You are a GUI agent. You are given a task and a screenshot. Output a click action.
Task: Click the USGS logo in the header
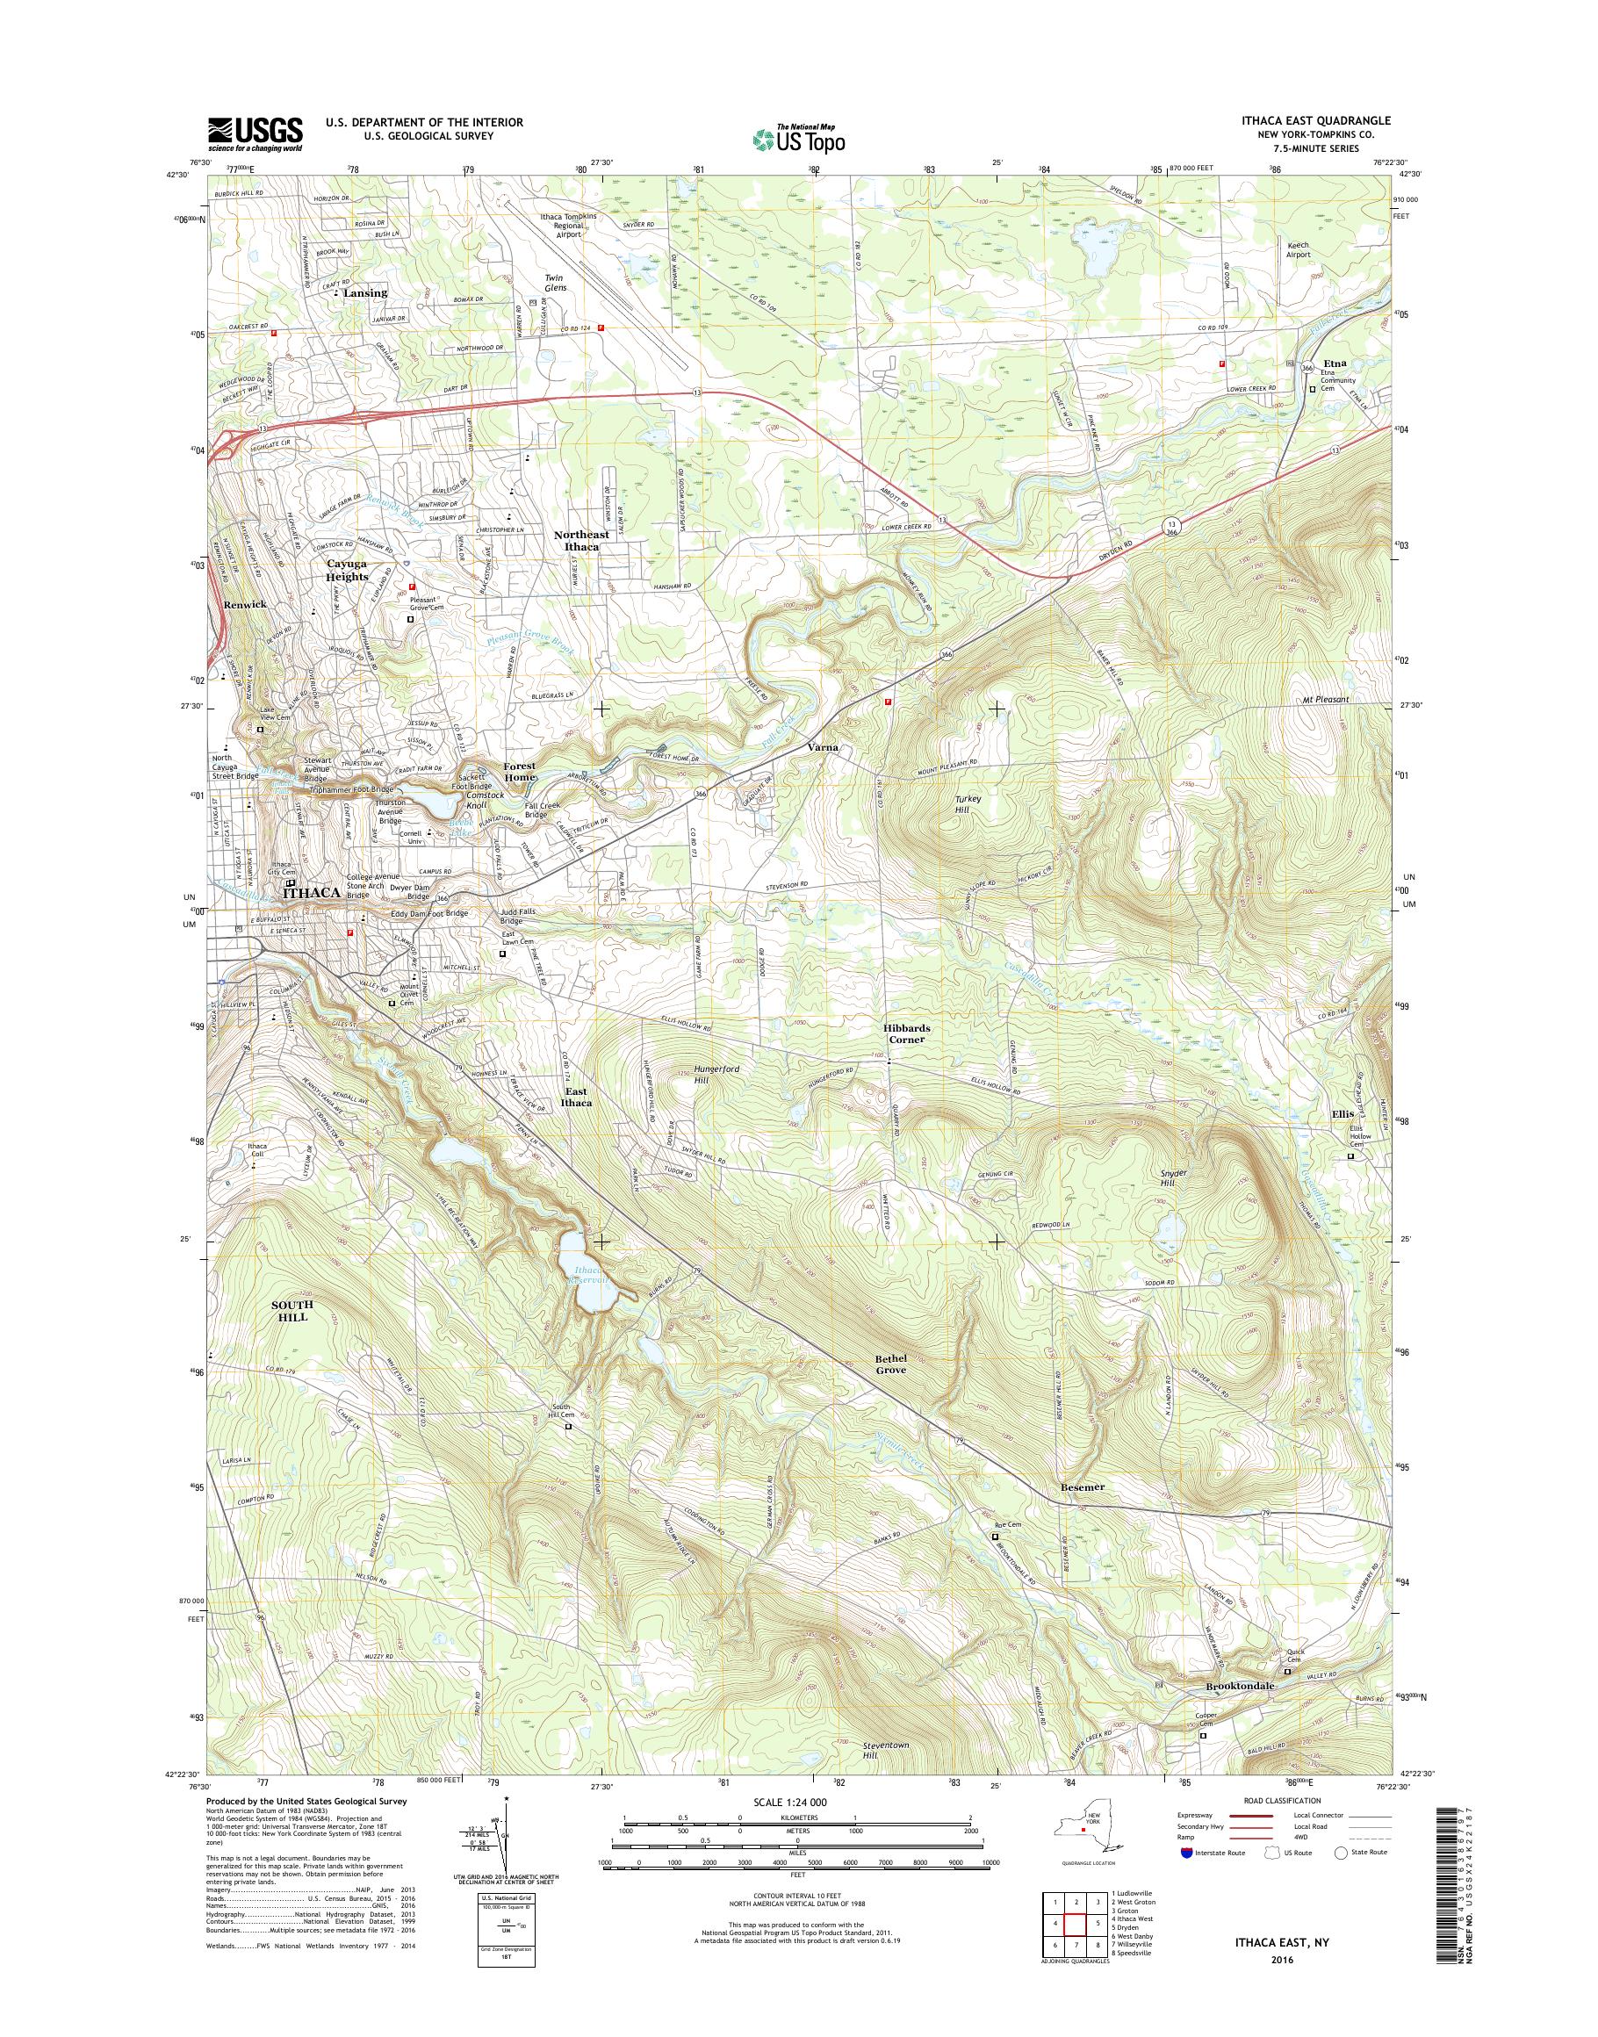(x=255, y=133)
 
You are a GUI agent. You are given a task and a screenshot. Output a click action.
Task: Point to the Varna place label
(x=826, y=749)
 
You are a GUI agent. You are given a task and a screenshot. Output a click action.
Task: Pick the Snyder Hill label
(x=1172, y=1178)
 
